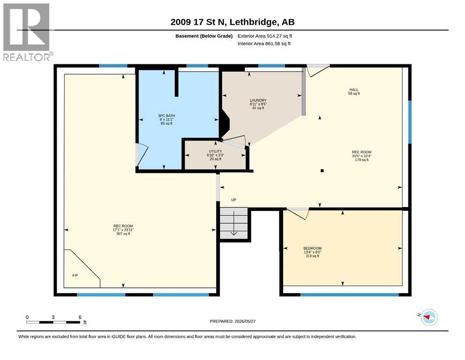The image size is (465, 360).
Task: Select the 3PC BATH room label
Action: click(x=166, y=120)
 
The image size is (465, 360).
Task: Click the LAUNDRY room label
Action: click(x=258, y=104)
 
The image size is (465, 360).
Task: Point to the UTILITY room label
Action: click(x=215, y=155)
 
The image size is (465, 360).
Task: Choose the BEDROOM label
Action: click(x=312, y=252)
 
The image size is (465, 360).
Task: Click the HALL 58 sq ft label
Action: click(x=354, y=91)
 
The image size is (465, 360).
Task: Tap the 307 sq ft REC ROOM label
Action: click(x=123, y=230)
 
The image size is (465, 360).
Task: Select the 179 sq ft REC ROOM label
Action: click(x=362, y=156)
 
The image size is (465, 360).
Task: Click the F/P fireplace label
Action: click(x=75, y=276)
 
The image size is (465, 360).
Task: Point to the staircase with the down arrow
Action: click(x=234, y=223)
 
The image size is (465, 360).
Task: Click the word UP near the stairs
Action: click(x=234, y=200)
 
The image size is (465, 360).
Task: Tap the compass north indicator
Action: click(x=428, y=317)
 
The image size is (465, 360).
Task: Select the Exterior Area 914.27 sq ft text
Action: click(x=265, y=36)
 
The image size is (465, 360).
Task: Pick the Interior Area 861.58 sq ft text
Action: click(x=264, y=44)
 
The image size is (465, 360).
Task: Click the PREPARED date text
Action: click(x=232, y=321)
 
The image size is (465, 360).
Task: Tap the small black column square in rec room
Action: click(x=322, y=171)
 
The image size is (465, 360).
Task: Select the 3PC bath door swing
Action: click(x=142, y=155)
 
